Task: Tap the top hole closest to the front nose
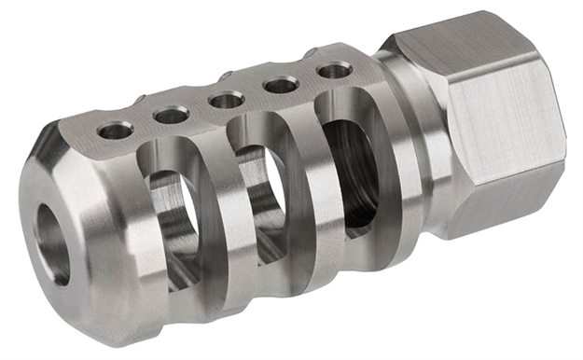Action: point(116,131)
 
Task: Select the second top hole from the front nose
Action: point(171,115)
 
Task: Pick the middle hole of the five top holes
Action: point(226,99)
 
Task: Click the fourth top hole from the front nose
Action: point(281,85)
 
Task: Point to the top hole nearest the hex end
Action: point(333,70)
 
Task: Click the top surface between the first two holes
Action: point(144,123)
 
